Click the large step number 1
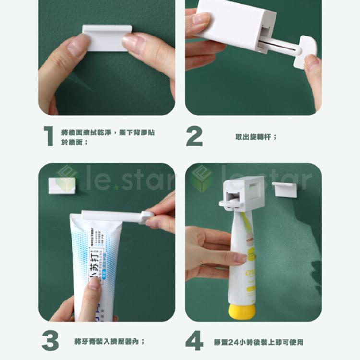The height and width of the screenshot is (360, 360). point(48,136)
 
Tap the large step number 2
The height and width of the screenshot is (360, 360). point(194,137)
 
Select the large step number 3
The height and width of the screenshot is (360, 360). point(50,340)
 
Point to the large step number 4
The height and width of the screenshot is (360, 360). point(194,341)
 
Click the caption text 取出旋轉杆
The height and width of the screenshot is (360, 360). point(255,137)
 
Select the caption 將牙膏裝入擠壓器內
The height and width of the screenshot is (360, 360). point(109,341)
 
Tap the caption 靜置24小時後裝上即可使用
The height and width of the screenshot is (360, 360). point(259,342)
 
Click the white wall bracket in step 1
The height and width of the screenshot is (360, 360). point(107,38)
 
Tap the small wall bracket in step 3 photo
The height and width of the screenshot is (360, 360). point(62,184)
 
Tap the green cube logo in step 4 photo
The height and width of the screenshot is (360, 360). point(201,178)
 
